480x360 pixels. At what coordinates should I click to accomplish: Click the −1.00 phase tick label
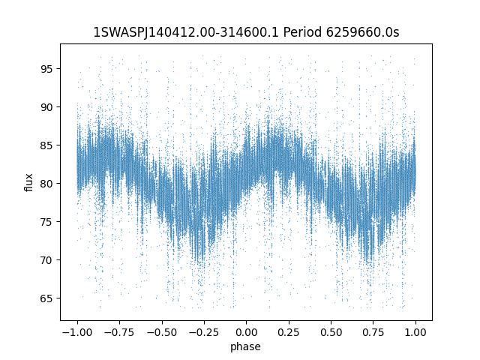(77, 332)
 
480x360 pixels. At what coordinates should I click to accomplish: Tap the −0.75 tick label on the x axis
(119, 332)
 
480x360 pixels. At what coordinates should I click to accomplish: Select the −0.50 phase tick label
(162, 332)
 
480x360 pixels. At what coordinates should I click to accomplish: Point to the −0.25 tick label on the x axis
(204, 332)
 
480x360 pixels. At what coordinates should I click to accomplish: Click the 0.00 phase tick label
(246, 332)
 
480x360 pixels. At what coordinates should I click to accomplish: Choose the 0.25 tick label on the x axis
(288, 332)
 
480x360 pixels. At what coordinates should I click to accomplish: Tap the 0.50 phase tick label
(331, 332)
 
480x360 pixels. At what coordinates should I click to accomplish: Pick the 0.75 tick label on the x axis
(373, 332)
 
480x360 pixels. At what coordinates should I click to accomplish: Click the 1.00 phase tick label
(415, 332)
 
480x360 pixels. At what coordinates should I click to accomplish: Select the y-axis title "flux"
(28, 182)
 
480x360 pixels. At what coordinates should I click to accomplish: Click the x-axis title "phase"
(245, 347)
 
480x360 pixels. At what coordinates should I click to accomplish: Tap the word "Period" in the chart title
(302, 32)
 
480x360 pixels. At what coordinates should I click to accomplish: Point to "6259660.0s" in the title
(363, 32)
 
